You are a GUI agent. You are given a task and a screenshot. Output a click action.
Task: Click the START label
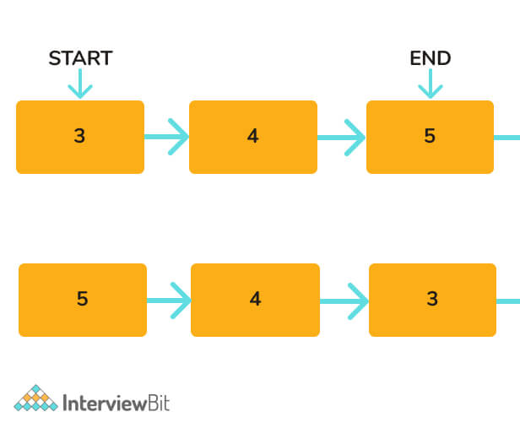(80, 58)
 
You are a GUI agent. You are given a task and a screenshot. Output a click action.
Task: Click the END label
(431, 58)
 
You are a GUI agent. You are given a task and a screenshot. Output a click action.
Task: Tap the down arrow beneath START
(80, 84)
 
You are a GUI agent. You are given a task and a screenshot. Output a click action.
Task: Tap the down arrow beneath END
(431, 84)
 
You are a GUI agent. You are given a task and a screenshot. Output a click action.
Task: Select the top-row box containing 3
(80, 137)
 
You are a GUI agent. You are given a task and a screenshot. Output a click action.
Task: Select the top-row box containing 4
(253, 137)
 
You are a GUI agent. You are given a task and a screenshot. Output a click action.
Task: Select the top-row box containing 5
(430, 137)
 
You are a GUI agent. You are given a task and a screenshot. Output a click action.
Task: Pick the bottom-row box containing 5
(83, 300)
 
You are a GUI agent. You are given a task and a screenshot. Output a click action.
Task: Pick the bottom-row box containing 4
(255, 300)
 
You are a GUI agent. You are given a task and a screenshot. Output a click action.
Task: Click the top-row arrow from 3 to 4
(167, 136)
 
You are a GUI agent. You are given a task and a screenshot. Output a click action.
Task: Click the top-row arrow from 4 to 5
(342, 136)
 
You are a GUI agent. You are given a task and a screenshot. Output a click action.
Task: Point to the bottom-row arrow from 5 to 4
(170, 300)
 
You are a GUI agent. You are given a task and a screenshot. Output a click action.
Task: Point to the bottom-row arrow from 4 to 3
(344, 300)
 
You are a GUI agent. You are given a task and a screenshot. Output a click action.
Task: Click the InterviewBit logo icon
(35, 398)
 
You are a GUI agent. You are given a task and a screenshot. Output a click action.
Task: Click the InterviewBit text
(116, 402)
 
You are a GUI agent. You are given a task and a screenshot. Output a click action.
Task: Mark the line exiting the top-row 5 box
(507, 136)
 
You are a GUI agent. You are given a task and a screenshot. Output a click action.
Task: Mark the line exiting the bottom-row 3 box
(508, 300)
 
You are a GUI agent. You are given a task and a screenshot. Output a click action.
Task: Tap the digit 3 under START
(80, 136)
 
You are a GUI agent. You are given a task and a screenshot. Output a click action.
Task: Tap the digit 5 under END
(430, 136)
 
